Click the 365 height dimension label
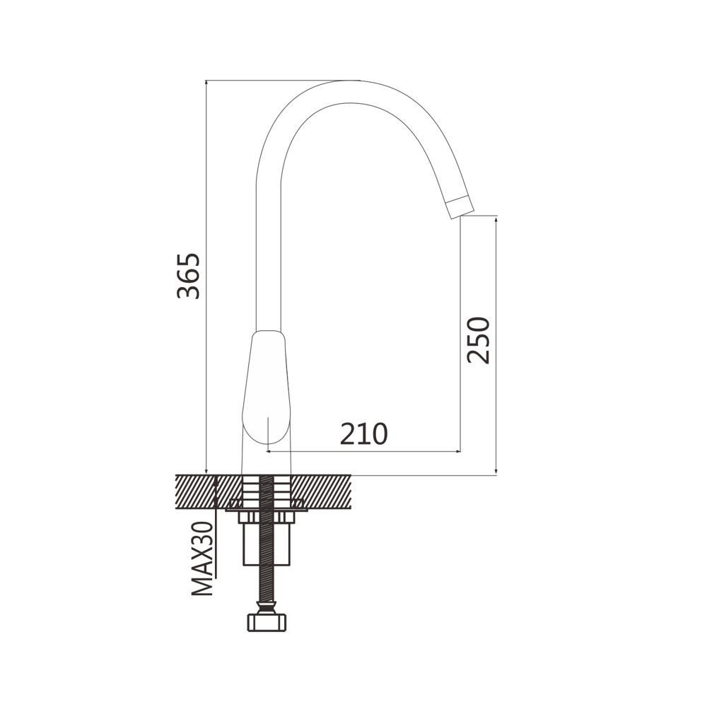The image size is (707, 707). tap(188, 276)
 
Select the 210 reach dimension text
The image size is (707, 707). tap(363, 434)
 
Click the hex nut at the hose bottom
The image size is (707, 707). tap(267, 621)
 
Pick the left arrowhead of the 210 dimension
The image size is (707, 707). tap(269, 451)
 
